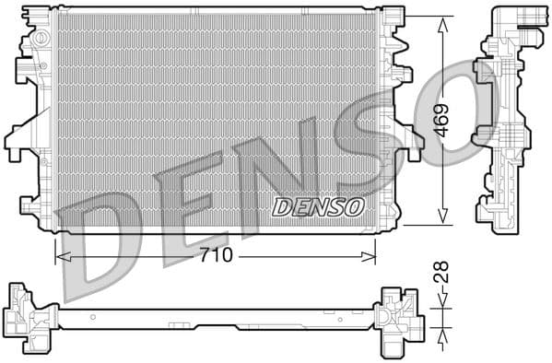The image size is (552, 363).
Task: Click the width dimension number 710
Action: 217,255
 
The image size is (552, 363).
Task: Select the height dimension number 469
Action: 442,120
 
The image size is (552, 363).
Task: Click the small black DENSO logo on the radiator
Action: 318,206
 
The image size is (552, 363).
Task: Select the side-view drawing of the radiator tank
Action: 503,120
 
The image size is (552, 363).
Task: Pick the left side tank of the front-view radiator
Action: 33,120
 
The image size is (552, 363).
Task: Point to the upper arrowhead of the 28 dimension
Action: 441,301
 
